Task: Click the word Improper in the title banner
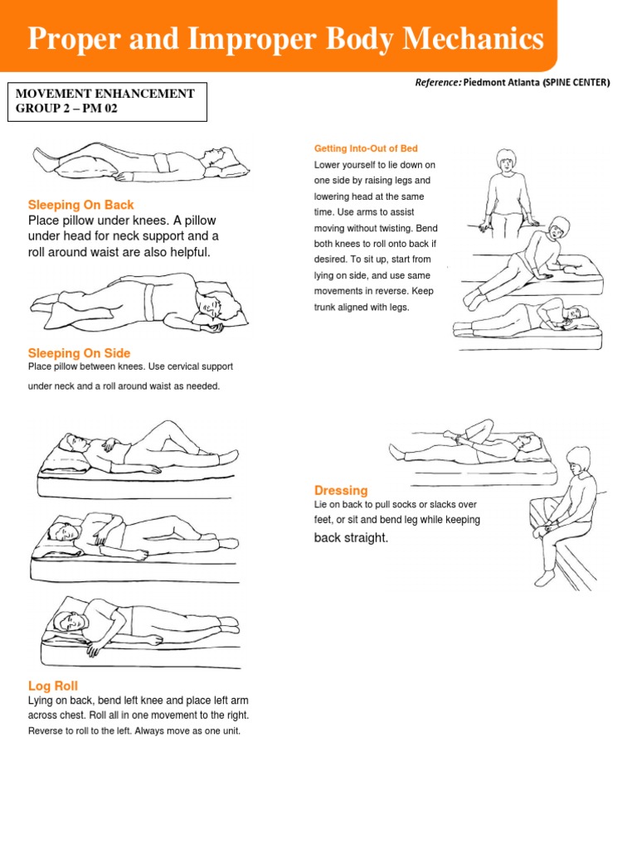250,39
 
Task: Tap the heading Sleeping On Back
80,205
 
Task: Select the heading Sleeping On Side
79,353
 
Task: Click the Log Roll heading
53,686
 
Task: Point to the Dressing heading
341,490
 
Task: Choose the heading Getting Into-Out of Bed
366,148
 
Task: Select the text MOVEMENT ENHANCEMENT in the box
105,94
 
